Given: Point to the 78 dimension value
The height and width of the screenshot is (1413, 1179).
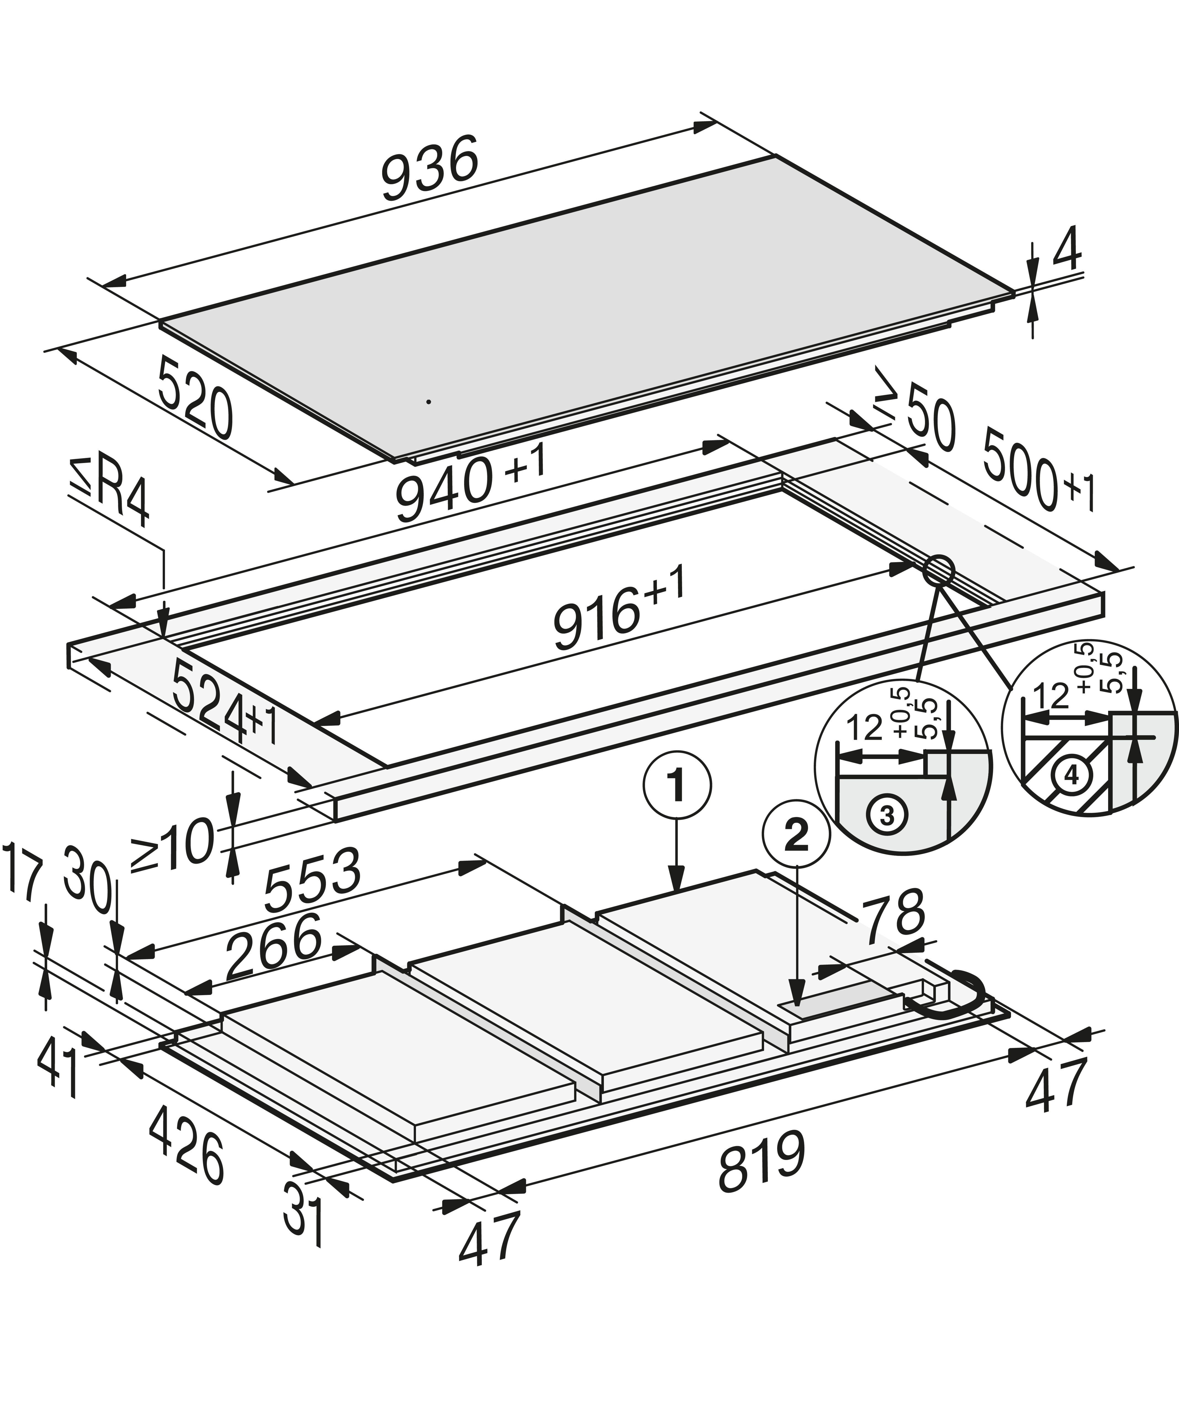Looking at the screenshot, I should pos(895,917).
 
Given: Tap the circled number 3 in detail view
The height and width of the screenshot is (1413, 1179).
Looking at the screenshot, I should pos(887,816).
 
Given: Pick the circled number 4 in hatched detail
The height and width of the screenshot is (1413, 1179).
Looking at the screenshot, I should pos(1071,776).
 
